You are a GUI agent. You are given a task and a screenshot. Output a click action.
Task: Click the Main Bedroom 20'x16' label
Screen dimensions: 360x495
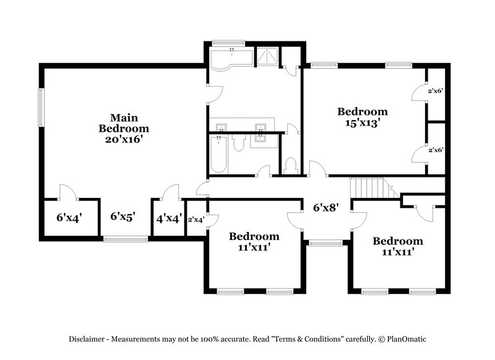coord(124,128)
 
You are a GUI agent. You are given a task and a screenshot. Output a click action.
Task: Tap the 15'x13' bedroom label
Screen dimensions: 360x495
coord(362,117)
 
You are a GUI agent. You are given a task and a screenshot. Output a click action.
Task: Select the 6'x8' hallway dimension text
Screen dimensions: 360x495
coord(324,208)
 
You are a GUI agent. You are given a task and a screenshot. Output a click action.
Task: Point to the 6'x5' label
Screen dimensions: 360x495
coord(123,216)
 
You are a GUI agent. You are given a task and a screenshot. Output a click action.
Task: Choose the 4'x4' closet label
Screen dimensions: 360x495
coord(168,218)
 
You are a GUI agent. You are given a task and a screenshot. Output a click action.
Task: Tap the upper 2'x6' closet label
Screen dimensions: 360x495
coord(435,91)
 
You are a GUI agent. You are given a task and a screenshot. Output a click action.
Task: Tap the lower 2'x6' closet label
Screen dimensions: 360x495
coord(435,150)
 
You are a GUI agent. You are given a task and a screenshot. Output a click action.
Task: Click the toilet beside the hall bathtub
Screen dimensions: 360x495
coord(239,145)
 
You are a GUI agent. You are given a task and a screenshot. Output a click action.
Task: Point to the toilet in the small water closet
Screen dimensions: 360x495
coord(291,165)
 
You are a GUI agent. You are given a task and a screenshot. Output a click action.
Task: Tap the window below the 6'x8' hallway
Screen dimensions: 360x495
coord(321,244)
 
